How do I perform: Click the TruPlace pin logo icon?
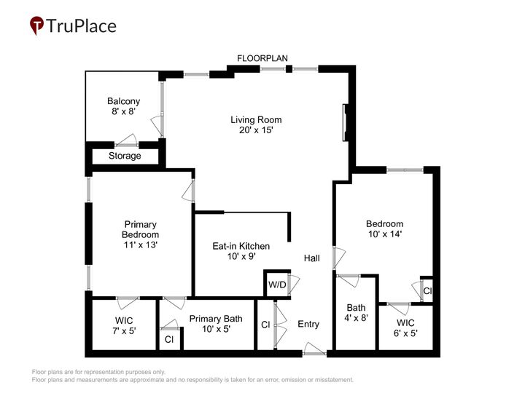[x=36, y=25]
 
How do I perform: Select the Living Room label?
[x=256, y=126]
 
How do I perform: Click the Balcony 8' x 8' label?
[x=123, y=107]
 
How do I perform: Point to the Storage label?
[x=125, y=156]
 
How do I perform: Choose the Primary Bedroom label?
[x=140, y=235]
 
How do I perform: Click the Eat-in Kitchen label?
[x=241, y=251]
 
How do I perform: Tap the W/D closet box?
[x=276, y=284]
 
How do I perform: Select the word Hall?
[x=312, y=258]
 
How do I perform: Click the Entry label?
[x=308, y=324]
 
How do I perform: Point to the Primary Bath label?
[x=211, y=324]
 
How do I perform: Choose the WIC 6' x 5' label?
[x=406, y=327]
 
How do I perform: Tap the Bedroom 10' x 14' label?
[x=384, y=229]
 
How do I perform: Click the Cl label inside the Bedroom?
[x=427, y=291]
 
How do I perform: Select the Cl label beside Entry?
[x=265, y=325]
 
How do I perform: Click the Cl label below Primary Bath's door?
[x=169, y=339]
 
